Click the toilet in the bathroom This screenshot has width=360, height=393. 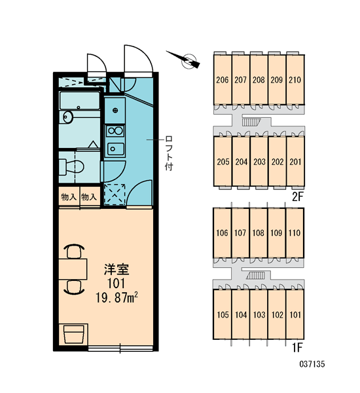(x=71, y=166)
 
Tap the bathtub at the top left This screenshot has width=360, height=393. (x=80, y=100)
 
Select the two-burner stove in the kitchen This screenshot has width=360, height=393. (x=115, y=131)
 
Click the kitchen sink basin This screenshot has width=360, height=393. (x=115, y=149)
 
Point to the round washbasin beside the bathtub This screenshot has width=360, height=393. (x=67, y=117)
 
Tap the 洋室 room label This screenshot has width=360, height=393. (x=117, y=270)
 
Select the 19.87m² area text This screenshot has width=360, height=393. (x=117, y=297)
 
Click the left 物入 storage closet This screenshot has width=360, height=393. (x=69, y=196)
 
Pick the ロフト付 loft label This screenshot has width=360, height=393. (x=169, y=153)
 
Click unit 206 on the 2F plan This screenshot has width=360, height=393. (x=223, y=79)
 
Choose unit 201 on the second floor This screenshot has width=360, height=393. (x=295, y=162)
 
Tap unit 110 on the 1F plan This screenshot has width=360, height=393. (x=295, y=233)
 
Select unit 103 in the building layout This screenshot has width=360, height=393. (x=259, y=314)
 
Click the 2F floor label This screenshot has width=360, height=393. (x=298, y=196)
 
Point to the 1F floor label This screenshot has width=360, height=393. (x=297, y=348)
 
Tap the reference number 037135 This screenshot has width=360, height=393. (x=312, y=364)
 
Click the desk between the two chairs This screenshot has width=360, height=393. (x=73, y=269)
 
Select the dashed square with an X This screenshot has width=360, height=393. (x=115, y=195)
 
